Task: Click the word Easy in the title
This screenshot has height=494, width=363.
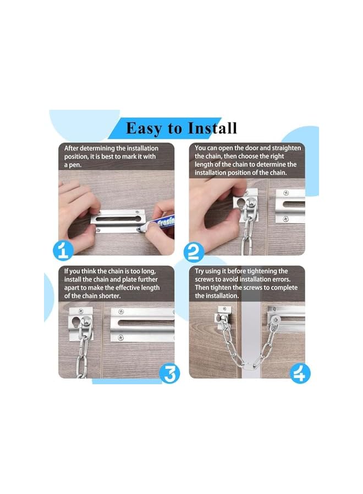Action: tap(145, 128)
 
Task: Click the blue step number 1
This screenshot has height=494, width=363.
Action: tap(64, 252)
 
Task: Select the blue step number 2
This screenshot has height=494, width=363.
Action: tap(195, 252)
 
